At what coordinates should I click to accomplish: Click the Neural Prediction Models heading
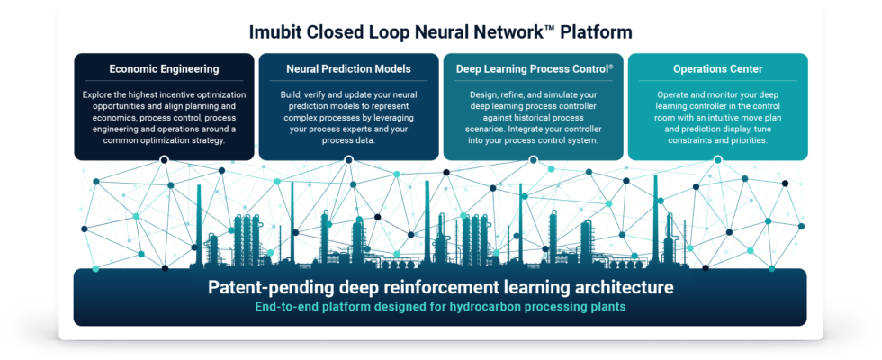pyautogui.click(x=348, y=68)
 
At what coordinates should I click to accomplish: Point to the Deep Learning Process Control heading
pyautogui.click(x=530, y=68)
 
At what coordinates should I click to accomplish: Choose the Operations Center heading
pyautogui.click(x=717, y=68)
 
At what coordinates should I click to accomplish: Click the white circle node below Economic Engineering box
pyautogui.click(x=164, y=160)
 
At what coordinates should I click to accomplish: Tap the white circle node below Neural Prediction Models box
pyautogui.click(x=348, y=160)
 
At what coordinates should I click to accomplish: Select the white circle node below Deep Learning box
pyautogui.click(x=533, y=160)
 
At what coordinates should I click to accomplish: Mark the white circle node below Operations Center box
pyautogui.click(x=717, y=160)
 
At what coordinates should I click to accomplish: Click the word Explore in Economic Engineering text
pyautogui.click(x=101, y=94)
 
